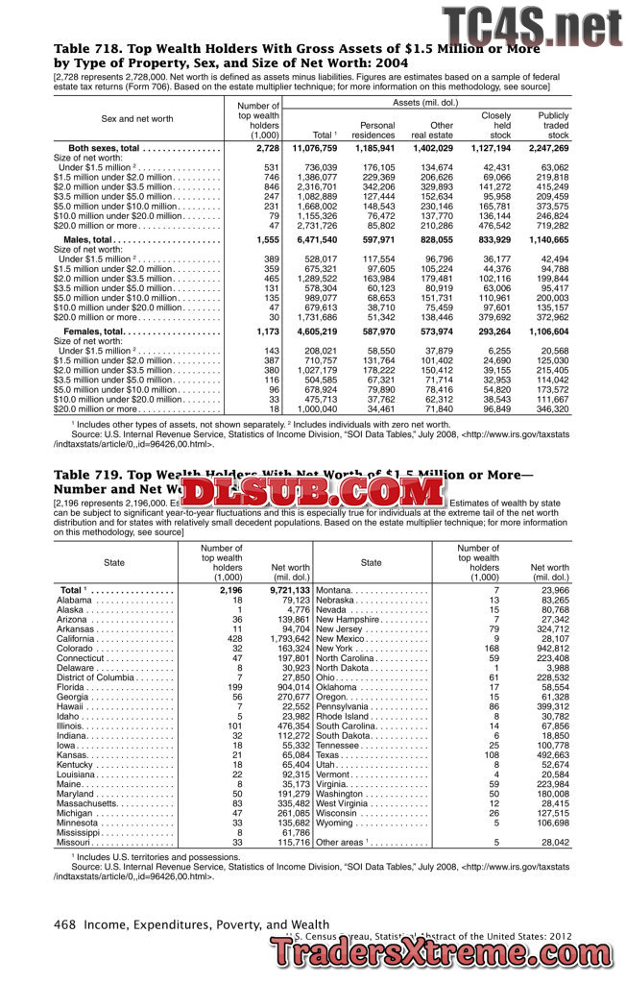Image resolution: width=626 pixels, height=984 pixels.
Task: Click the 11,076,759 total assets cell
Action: [314, 149]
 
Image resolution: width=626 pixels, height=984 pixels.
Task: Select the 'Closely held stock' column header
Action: [495, 125]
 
